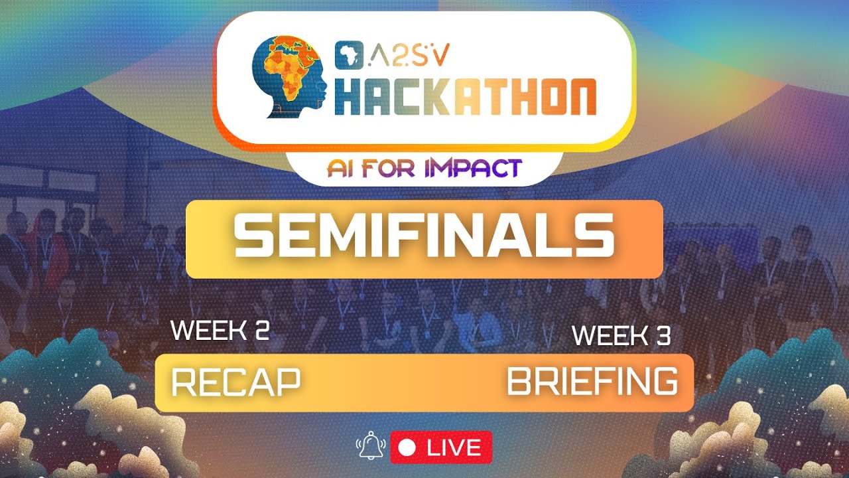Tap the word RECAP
pos(235,382)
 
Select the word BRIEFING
pos(592,382)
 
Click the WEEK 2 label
pos(220,330)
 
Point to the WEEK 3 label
pos(621,335)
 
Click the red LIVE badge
pos(441,447)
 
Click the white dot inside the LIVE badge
pos(408,448)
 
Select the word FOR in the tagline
pos(389,168)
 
